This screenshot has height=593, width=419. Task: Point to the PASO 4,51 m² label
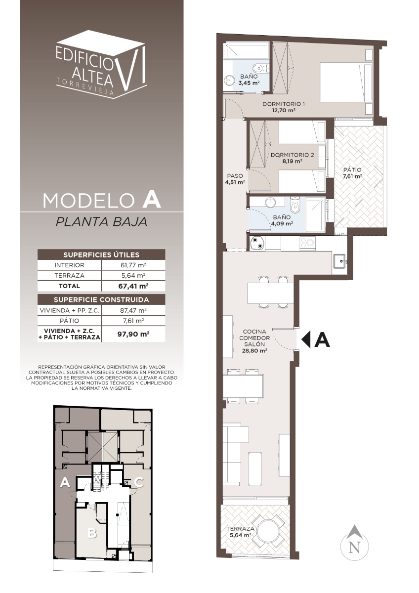click(235, 179)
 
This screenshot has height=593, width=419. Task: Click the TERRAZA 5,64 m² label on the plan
click(239, 532)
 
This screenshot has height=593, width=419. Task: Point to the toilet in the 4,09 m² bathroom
click(294, 205)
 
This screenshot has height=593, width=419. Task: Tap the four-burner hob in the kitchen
click(307, 242)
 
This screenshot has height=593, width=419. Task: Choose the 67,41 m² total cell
click(133, 286)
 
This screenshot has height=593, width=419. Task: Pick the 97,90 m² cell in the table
click(133, 334)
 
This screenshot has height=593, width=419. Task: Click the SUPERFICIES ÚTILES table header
click(101, 254)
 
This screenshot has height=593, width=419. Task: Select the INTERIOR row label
click(69, 265)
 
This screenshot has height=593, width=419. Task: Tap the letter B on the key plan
click(92, 533)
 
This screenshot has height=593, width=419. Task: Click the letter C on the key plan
click(139, 482)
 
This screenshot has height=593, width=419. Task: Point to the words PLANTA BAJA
click(101, 222)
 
